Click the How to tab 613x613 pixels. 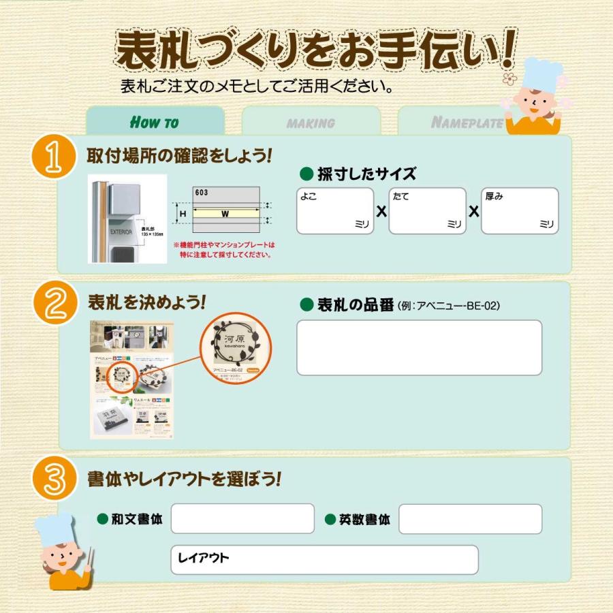155,122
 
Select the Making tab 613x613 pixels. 311,123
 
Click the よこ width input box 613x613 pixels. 335,211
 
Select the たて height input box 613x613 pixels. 427,211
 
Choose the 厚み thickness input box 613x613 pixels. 520,211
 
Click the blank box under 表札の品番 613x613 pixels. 419,347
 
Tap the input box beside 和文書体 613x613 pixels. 242,519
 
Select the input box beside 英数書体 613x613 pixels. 470,519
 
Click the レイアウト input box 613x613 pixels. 324,559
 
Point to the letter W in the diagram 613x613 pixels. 224,214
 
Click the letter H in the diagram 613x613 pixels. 183,214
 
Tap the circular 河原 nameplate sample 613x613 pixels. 234,347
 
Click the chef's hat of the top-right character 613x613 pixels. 542,73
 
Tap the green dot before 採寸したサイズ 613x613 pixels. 306,173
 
